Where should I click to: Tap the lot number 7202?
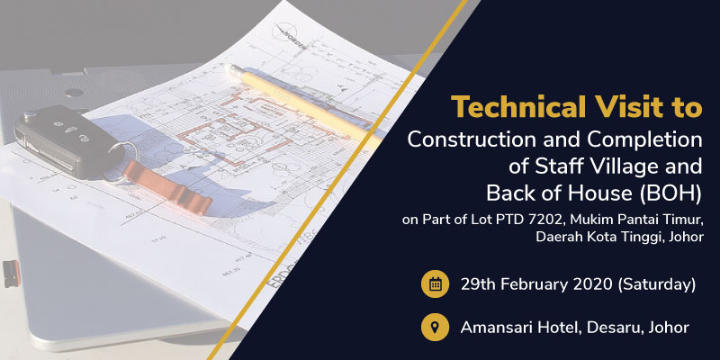pos(549,220)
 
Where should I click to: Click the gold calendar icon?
pos(435,284)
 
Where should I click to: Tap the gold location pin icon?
pos(435,328)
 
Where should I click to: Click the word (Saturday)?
pos(657,285)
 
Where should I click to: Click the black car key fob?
pos(69,141)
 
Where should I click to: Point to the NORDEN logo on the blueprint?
pos(289,35)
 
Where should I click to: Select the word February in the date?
pos(535,285)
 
